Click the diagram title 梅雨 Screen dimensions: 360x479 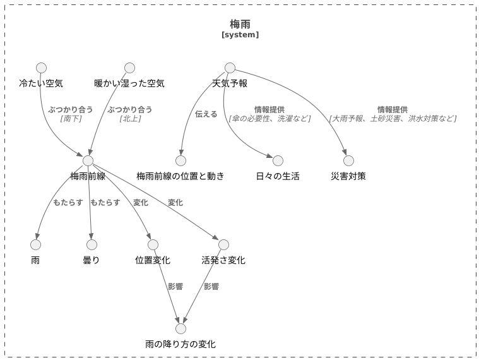coord(240,23)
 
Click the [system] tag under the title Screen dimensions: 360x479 coord(240,35)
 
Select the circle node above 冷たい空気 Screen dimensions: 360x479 coord(41,68)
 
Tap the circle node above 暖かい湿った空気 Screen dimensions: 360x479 coord(129,68)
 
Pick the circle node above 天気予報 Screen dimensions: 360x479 coord(230,68)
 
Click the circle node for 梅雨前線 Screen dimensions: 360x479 coord(88,160)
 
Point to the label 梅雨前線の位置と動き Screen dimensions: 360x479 coord(180,176)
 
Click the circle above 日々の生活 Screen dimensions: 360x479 coord(278,160)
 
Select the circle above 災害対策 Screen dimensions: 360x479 coord(348,160)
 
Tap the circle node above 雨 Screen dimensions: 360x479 coord(35,244)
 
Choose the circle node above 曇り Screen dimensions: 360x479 coord(92,244)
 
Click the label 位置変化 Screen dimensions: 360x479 coord(153,260)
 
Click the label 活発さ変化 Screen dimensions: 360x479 coord(223,260)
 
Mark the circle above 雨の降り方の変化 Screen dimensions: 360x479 coord(180,328)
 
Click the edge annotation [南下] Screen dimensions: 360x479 coord(71,119)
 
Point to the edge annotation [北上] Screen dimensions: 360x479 coord(130,119)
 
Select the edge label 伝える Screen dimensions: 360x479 coord(206,114)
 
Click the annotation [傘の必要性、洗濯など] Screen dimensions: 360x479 coord(269,119)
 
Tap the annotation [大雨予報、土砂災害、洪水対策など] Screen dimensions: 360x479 coord(393,119)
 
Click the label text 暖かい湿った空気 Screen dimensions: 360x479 coord(129,83)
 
